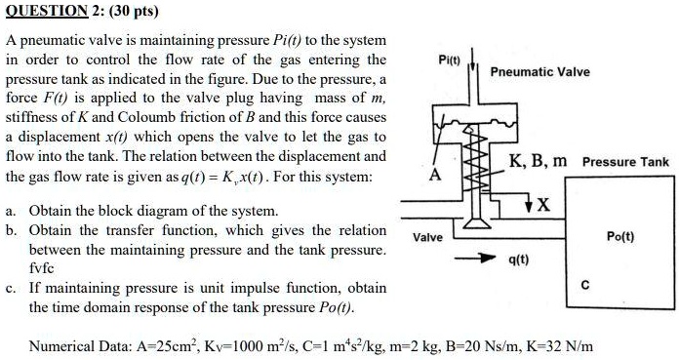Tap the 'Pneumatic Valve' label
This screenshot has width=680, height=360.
540,72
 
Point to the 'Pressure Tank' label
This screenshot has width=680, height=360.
625,162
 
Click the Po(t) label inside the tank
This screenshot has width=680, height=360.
620,236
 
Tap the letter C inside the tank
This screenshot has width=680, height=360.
584,285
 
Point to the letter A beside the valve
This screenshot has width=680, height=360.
435,176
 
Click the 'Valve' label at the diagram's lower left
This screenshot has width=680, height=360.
427,236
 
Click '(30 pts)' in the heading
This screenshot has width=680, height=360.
128,13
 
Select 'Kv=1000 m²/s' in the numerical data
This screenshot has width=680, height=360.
257,346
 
